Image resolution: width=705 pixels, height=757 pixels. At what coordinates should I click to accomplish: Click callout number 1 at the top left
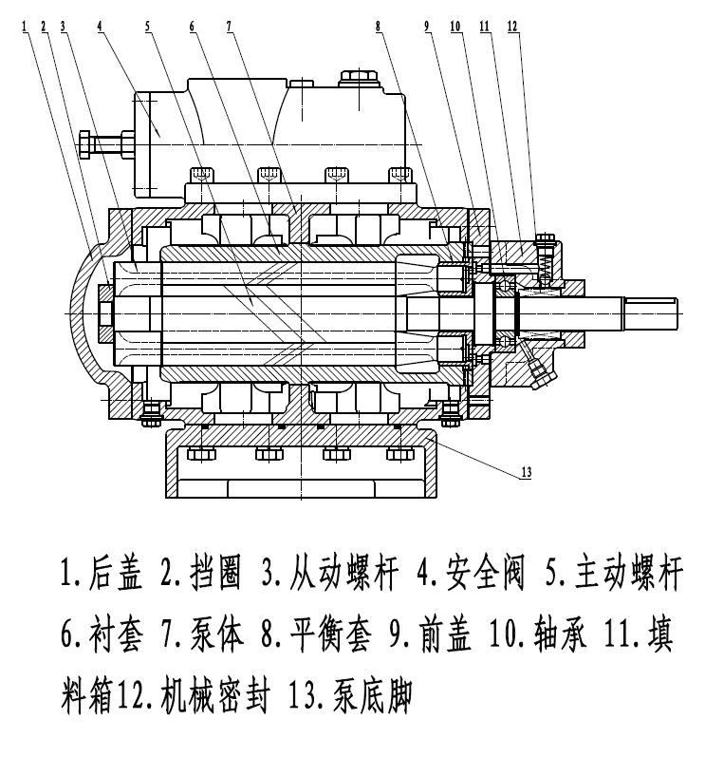click(24, 26)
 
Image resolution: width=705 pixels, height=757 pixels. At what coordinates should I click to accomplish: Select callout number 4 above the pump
click(100, 26)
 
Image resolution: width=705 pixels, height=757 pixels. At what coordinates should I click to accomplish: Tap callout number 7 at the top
click(229, 26)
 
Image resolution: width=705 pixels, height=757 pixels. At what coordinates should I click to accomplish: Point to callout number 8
click(379, 26)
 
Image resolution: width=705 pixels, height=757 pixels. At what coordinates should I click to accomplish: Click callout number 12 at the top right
click(513, 26)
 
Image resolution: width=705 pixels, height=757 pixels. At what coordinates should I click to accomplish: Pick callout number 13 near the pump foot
click(527, 472)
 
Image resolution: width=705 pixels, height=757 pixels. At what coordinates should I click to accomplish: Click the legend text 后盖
click(116, 574)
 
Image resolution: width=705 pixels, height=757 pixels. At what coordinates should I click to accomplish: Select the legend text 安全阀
click(485, 574)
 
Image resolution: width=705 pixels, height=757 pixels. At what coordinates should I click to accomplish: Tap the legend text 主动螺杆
click(629, 574)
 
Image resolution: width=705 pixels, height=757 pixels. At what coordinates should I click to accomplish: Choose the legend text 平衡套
click(331, 634)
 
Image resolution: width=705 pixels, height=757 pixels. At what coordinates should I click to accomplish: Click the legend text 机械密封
click(215, 696)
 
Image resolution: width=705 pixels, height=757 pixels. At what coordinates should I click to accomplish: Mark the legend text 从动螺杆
click(343, 574)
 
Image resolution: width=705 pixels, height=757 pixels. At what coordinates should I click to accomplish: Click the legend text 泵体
click(217, 634)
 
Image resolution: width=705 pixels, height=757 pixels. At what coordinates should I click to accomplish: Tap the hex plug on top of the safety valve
click(359, 78)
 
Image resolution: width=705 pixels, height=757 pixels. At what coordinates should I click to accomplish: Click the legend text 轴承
click(561, 634)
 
